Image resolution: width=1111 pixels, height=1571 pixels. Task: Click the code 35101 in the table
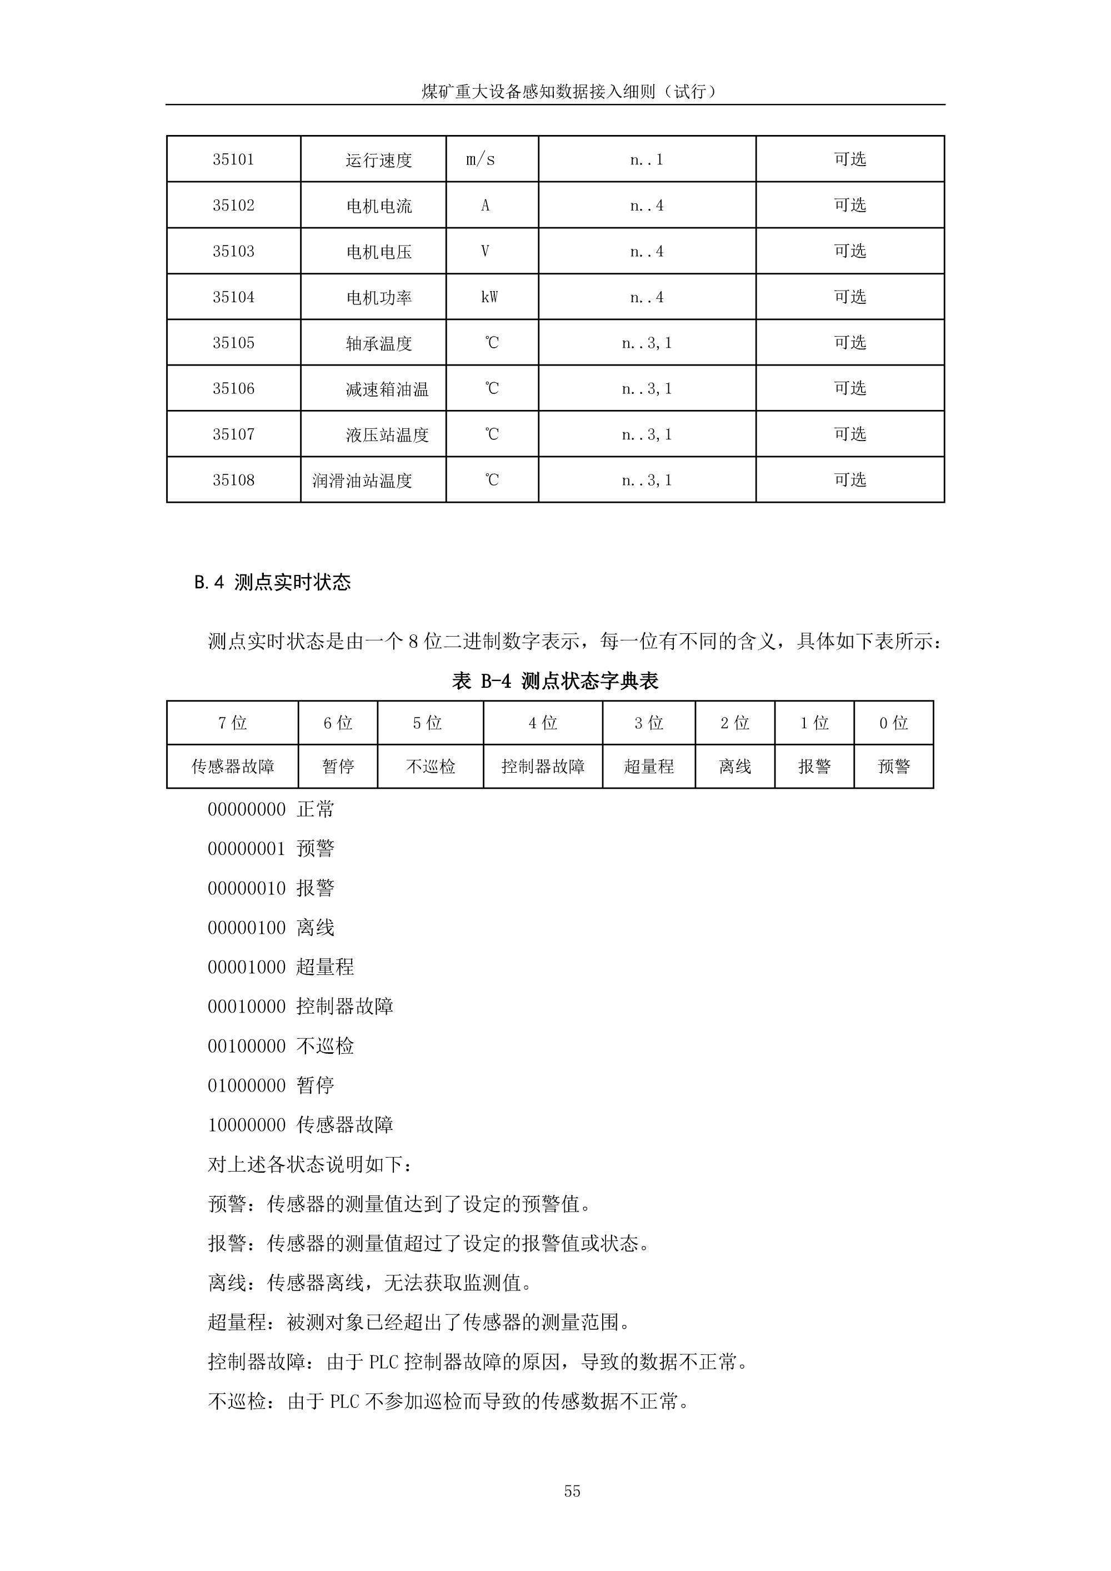click(x=233, y=159)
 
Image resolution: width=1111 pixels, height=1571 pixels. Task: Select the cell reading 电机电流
click(x=379, y=206)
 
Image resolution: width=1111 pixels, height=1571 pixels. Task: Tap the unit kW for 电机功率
click(x=489, y=297)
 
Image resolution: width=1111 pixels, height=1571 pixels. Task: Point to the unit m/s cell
click(x=481, y=159)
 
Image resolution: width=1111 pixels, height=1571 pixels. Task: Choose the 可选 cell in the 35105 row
click(x=850, y=342)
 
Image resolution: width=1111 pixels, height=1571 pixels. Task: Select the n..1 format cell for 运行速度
click(x=647, y=159)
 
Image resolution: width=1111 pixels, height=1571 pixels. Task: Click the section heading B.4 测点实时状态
click(x=272, y=582)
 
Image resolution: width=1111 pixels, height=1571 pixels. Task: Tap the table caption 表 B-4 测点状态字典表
click(x=555, y=681)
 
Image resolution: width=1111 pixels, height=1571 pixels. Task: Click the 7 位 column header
click(x=233, y=723)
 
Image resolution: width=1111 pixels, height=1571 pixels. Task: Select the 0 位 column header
click(x=893, y=723)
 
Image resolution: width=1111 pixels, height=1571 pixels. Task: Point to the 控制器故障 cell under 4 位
click(x=543, y=767)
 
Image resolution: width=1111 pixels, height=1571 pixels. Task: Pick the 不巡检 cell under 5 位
click(x=431, y=767)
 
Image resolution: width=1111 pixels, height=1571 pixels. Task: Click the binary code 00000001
click(x=246, y=849)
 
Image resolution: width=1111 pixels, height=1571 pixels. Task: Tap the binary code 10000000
click(x=246, y=1125)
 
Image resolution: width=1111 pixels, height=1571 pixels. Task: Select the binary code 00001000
click(x=246, y=968)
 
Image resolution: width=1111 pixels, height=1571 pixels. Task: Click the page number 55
click(x=572, y=1492)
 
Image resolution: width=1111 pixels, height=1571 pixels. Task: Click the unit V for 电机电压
click(x=485, y=251)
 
